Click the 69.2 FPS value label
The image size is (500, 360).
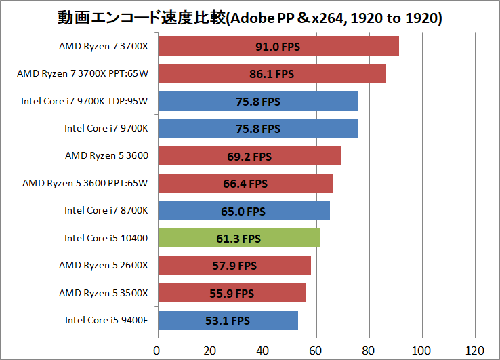[x=249, y=157]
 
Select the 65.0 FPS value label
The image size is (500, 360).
[x=243, y=212]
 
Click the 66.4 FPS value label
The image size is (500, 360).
[x=245, y=184]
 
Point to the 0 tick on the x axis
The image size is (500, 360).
[x=157, y=351]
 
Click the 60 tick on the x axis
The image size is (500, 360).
[x=316, y=351]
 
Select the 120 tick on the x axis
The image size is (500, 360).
[x=475, y=351]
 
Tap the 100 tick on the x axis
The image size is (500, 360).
[x=422, y=351]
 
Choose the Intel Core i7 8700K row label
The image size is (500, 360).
[x=106, y=211]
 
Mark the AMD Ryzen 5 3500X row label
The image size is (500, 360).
[x=104, y=293]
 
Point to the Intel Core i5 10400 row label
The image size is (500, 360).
[x=106, y=238]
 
